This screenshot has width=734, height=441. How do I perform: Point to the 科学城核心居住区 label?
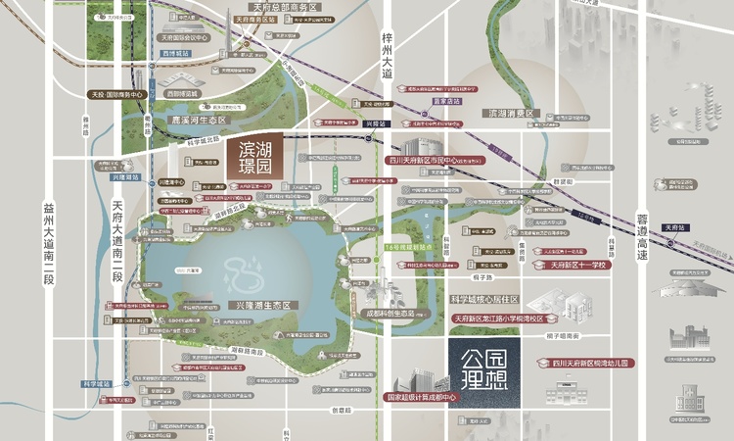coord(483,299)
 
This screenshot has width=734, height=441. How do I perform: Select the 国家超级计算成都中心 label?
coord(423,398)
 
